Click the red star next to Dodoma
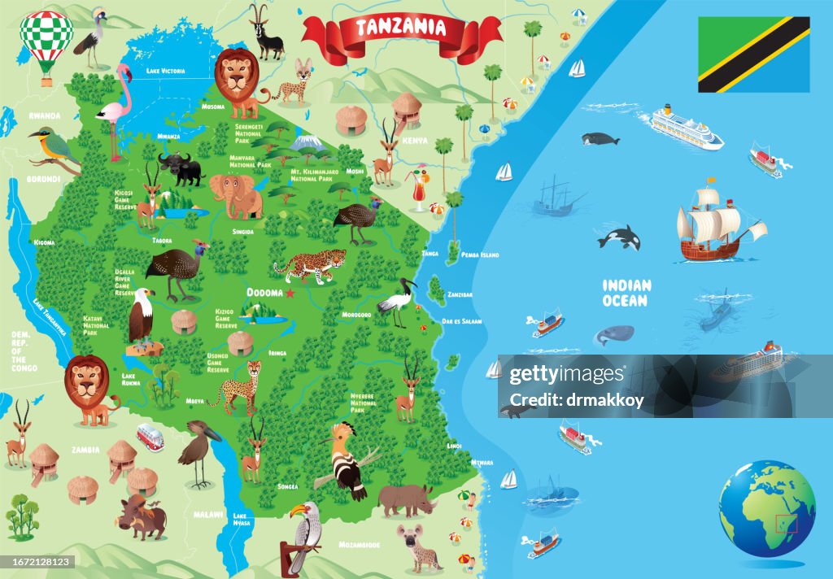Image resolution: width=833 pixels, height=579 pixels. tap(291, 293)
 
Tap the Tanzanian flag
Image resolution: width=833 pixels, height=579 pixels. tap(753, 54)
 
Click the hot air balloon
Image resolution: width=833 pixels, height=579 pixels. tap(46, 41)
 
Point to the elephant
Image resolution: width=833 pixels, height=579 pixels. tap(236, 195)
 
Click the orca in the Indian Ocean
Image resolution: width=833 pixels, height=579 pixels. tap(620, 237)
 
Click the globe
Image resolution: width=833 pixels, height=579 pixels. tap(766, 509)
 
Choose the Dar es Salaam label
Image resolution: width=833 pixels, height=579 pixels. tap(461, 321)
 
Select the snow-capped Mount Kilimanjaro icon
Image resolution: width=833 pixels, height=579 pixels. tap(307, 144)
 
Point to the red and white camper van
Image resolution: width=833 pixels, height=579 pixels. tap(150, 438)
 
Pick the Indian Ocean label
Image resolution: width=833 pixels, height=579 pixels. tap(626, 293)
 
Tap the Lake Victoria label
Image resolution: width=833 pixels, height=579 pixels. tap(166, 71)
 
